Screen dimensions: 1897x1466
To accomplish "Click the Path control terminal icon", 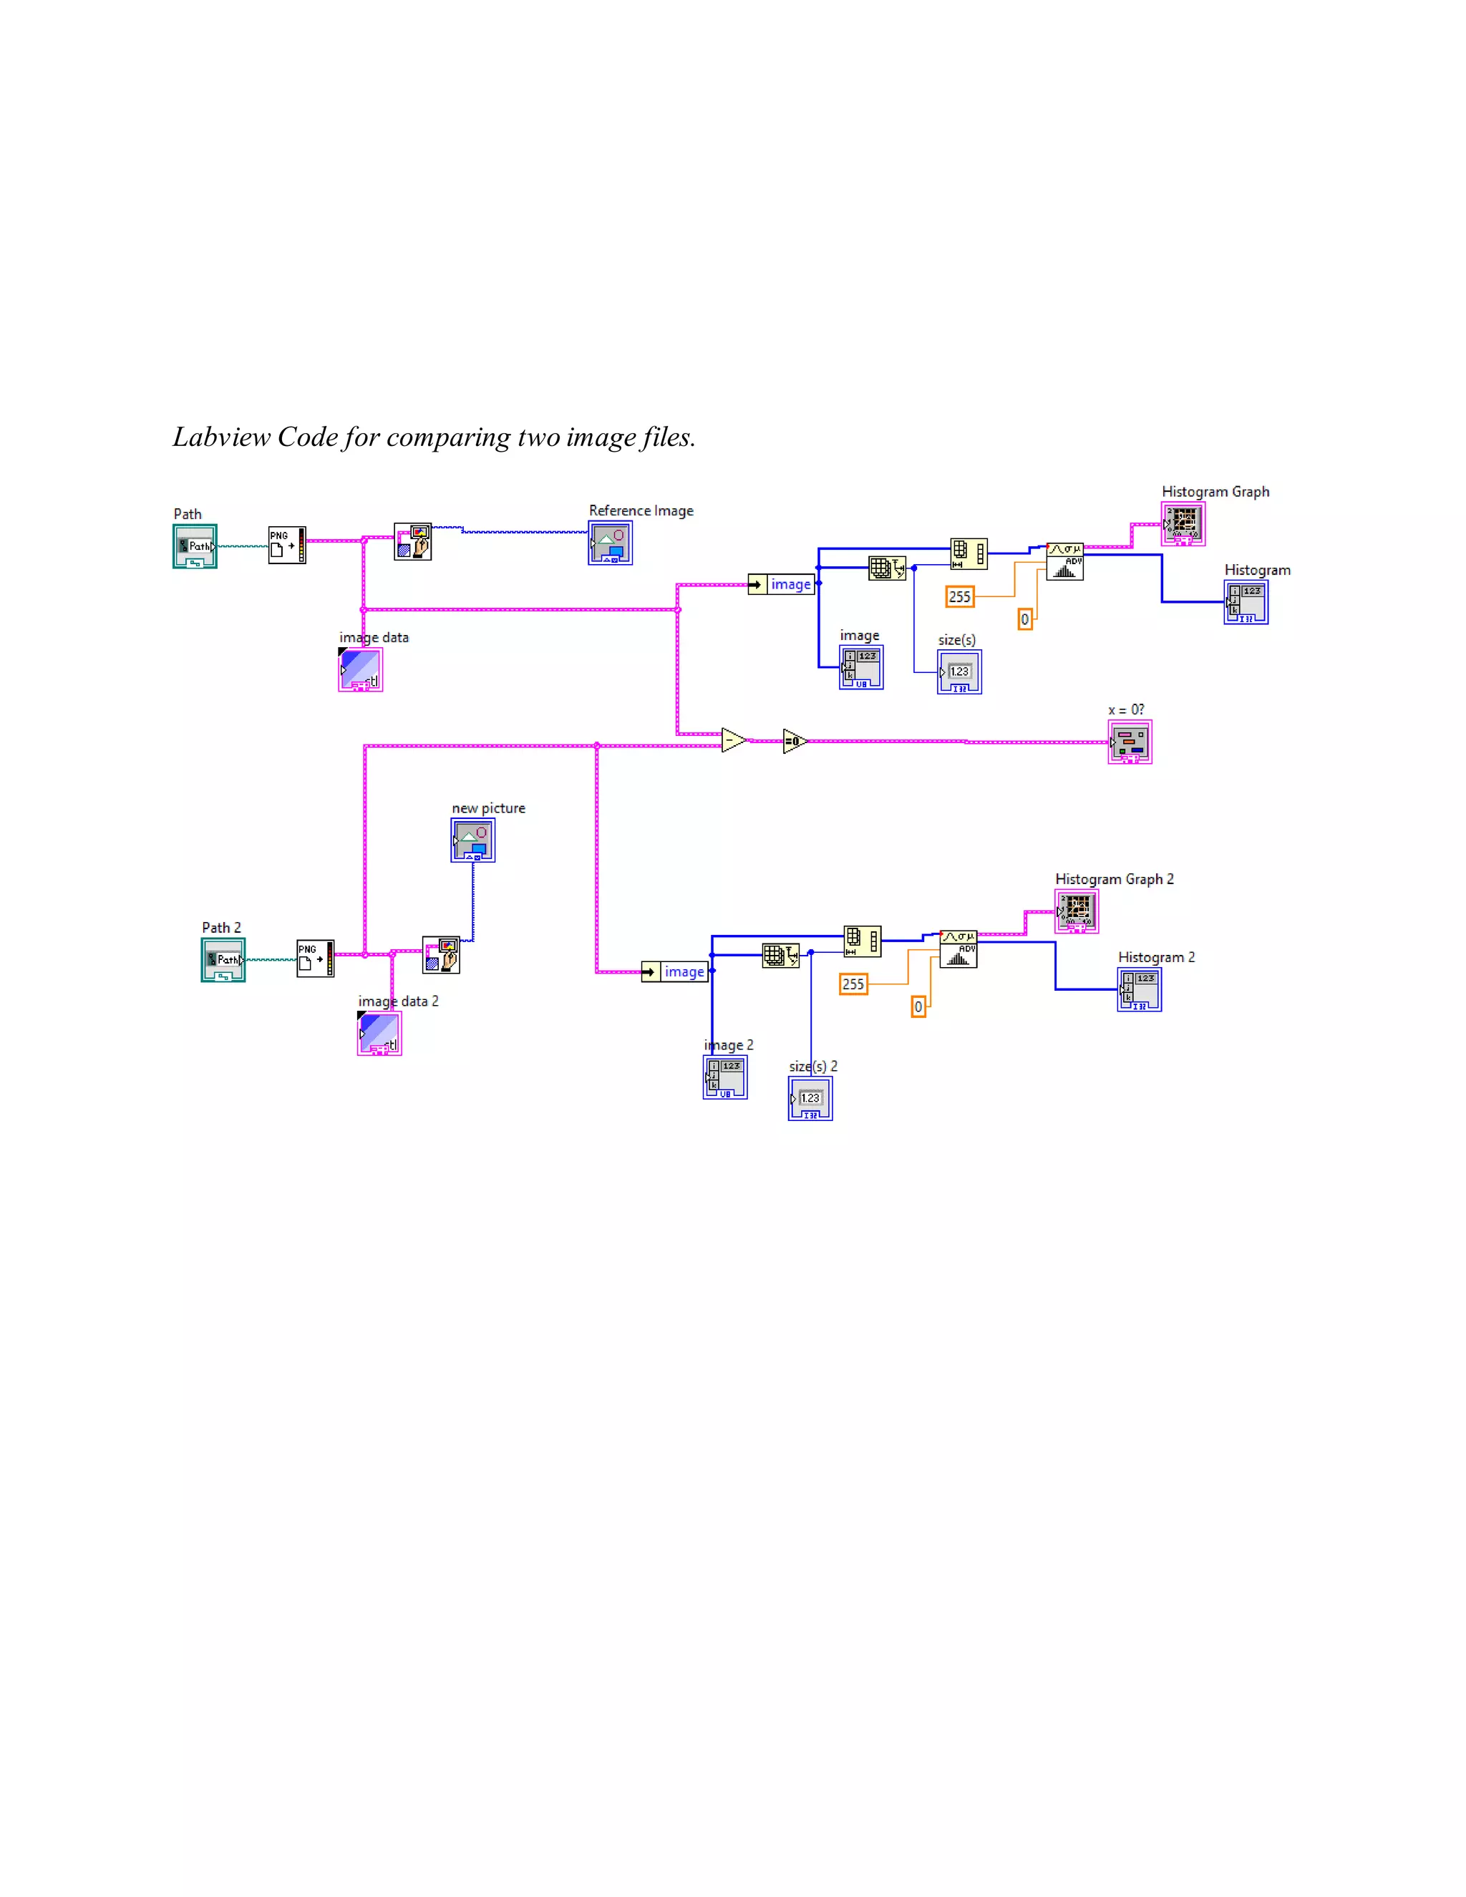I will (x=195, y=546).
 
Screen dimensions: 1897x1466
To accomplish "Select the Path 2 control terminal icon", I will (x=223, y=960).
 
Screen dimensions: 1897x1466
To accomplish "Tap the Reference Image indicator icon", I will (x=610, y=543).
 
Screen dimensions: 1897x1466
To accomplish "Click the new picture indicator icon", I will (x=472, y=840).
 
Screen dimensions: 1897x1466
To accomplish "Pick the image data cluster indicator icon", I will (x=361, y=670).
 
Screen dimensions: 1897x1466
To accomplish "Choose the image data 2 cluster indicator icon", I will (x=379, y=1034).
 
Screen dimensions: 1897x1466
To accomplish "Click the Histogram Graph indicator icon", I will (x=1183, y=524).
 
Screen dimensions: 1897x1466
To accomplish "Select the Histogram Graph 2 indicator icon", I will (x=1076, y=911).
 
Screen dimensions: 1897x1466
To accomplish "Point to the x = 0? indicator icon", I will (x=1130, y=742).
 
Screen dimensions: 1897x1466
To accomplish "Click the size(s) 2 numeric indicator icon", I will (x=810, y=1099).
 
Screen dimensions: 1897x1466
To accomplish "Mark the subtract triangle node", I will (x=733, y=740).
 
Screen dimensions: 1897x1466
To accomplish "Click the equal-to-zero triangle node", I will (x=794, y=741).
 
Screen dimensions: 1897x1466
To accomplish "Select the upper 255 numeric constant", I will (x=960, y=597).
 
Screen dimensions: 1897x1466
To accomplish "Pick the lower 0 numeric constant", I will (x=918, y=1006).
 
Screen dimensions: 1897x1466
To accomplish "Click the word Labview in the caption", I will (x=221, y=437).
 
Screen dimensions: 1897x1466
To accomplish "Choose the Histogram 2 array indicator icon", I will (x=1140, y=990).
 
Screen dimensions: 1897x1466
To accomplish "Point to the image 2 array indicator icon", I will (x=725, y=1078).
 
